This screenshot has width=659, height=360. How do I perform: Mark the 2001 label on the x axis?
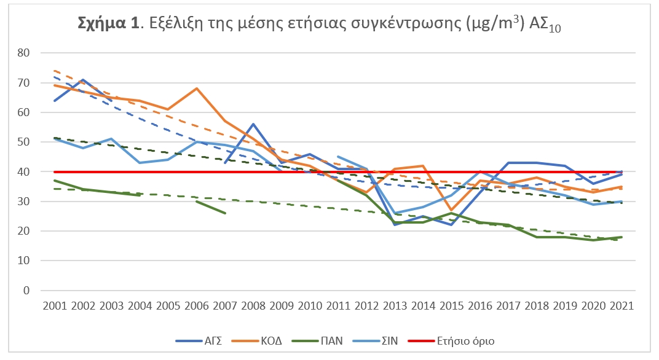(55, 305)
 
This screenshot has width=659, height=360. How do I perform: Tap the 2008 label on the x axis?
(253, 305)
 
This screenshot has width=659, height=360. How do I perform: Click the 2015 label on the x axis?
(451, 305)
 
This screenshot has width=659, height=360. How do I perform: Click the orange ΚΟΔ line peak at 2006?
(196, 88)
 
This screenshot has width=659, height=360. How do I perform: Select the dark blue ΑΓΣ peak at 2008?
(253, 124)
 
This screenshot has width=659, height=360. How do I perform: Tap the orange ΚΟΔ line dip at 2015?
(451, 210)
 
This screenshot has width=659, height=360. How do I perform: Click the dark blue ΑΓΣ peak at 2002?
(84, 80)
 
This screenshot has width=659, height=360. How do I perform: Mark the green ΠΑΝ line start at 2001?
(55, 181)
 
